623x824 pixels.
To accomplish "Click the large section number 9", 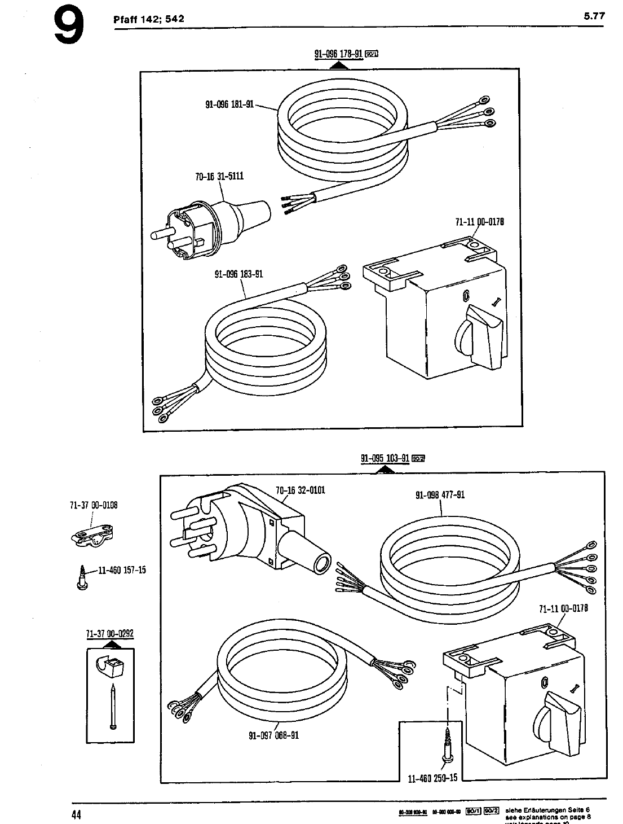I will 69,27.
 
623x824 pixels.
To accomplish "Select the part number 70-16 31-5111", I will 219,176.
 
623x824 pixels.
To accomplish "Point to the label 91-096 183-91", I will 238,275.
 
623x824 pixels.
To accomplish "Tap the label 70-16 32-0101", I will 301,490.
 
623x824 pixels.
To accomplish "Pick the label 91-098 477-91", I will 440,496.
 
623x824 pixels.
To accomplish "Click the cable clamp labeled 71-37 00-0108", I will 92,535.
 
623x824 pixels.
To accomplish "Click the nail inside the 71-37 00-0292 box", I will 113,705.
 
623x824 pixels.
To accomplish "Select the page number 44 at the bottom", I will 77,814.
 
